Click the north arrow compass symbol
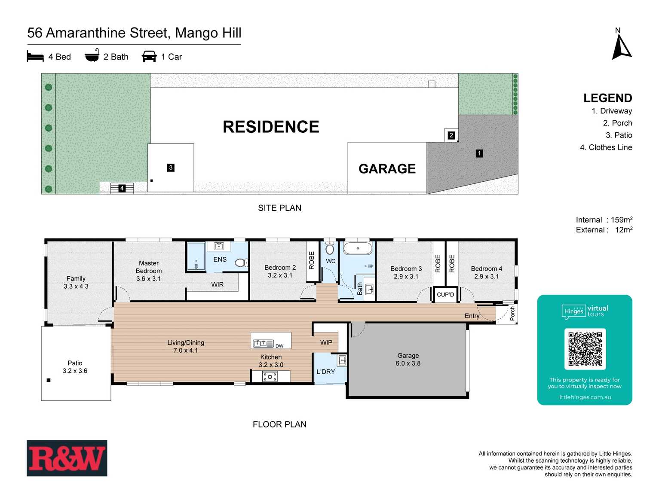click(621, 46)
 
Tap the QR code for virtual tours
click(585, 349)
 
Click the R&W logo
click(67, 458)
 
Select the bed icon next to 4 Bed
click(35, 56)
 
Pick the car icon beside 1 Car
click(149, 56)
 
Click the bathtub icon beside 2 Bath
click(92, 56)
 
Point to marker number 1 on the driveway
click(479, 153)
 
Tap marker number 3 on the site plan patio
click(171, 168)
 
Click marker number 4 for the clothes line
click(122, 188)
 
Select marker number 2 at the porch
click(451, 135)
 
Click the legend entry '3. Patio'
click(619, 135)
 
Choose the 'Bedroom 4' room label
click(486, 269)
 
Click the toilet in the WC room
click(330, 249)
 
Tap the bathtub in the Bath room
click(358, 248)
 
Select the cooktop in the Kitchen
click(270, 377)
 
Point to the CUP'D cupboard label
click(445, 295)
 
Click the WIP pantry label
click(326, 342)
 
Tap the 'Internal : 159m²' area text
click(604, 220)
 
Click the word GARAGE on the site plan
click(387, 169)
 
